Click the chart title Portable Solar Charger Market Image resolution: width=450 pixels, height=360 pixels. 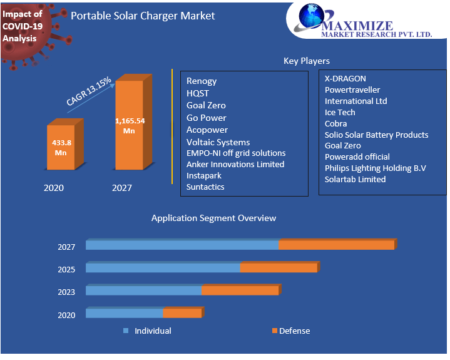(143, 16)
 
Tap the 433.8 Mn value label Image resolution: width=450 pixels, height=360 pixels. (61, 147)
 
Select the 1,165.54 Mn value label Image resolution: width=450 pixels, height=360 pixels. (130, 126)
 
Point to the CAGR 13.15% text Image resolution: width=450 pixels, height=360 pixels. (89, 91)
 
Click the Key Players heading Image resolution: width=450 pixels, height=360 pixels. (307, 61)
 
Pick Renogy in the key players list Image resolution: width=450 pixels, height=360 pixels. (202, 81)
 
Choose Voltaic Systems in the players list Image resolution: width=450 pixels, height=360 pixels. (218, 142)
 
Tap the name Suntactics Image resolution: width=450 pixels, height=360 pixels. (205, 187)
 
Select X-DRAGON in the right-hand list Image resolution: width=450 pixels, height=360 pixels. (345, 79)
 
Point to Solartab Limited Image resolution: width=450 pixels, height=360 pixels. (355, 179)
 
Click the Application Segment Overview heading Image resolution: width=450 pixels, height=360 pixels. (213, 218)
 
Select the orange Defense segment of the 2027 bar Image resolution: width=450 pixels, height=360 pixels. (336, 245)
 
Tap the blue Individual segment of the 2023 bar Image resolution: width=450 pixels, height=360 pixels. (143, 291)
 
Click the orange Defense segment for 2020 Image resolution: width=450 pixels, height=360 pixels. (182, 313)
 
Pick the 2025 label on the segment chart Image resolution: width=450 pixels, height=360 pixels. (66, 270)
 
